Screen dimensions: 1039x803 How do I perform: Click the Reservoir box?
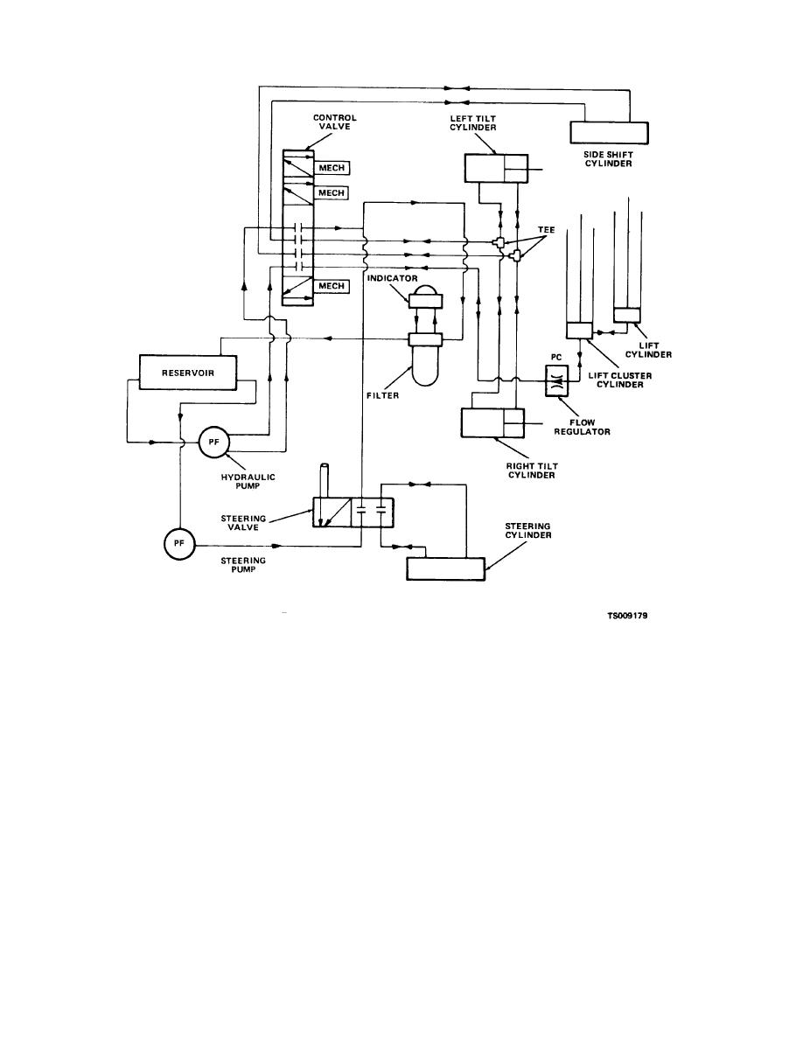(188, 373)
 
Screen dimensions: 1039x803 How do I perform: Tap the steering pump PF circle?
(178, 544)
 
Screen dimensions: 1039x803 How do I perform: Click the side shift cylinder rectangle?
(610, 132)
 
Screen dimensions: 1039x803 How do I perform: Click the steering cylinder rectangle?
(446, 568)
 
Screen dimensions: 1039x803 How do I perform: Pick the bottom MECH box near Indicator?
(332, 285)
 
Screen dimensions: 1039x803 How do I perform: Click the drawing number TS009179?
(627, 615)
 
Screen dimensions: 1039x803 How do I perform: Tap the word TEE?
(546, 231)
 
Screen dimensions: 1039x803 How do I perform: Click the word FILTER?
(382, 394)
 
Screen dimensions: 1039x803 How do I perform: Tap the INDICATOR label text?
(394, 279)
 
